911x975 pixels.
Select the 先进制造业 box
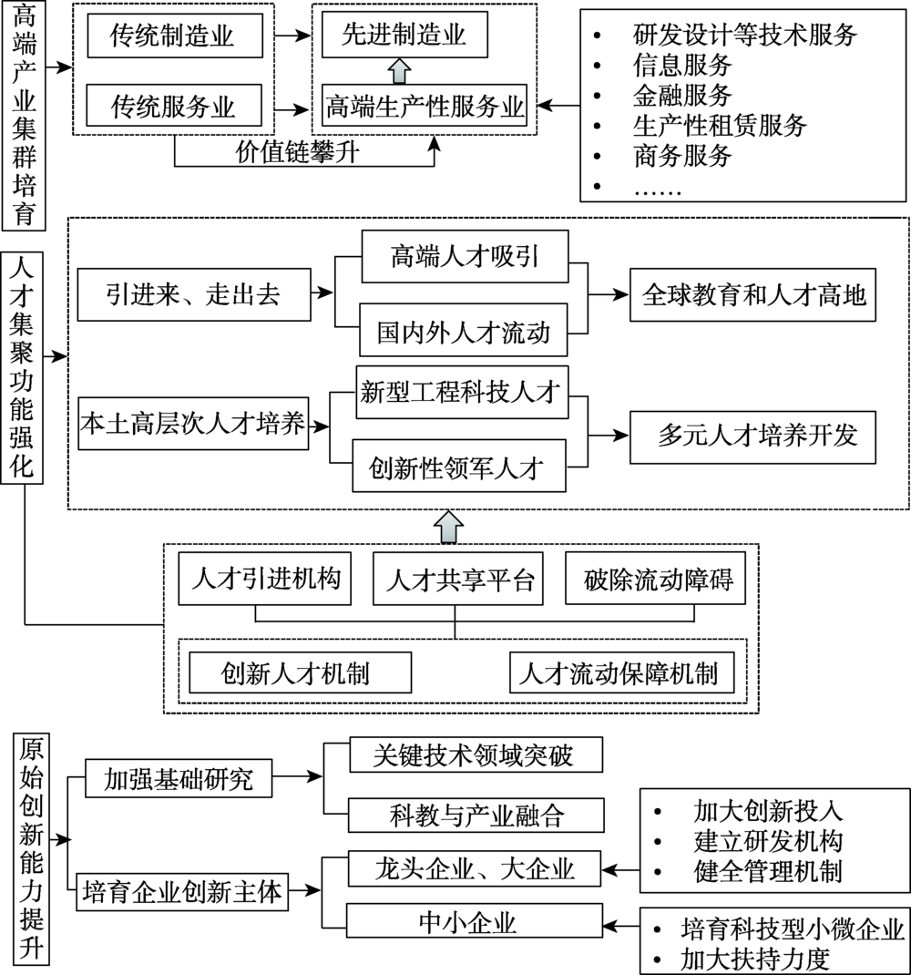[x=404, y=36]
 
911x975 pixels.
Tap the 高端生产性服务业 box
[x=425, y=107]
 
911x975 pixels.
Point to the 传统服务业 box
[x=172, y=107]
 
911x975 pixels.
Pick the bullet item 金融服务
[x=682, y=94]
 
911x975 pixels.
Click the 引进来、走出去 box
[x=192, y=293]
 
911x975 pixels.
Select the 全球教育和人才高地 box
[x=752, y=295]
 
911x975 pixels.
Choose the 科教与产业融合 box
[x=476, y=813]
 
